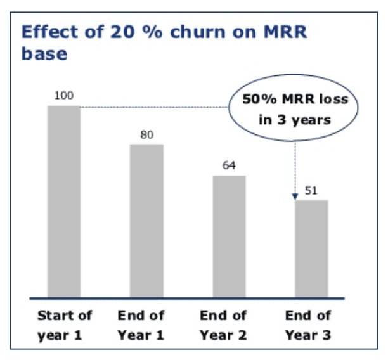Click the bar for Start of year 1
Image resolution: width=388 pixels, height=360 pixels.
64,202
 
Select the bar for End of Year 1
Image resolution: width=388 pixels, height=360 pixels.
146,221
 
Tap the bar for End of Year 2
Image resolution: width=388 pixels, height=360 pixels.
229,236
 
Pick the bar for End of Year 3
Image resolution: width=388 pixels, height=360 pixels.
311,248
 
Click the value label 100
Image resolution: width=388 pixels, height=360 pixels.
64,96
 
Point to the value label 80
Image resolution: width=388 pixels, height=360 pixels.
147,135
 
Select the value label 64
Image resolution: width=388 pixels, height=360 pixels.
229,165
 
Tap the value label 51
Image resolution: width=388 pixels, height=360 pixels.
311,191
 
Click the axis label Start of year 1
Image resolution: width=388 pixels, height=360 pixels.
65,326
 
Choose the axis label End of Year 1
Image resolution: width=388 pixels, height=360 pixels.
141,326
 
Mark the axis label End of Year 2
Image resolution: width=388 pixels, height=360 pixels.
223,326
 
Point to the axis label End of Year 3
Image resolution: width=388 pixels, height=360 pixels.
308,326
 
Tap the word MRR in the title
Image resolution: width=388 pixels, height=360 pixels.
285,32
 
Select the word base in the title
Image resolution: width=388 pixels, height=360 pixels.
44,53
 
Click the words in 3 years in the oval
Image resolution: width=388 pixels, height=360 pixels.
295,120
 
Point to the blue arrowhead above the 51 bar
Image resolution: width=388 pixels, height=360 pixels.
295,196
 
